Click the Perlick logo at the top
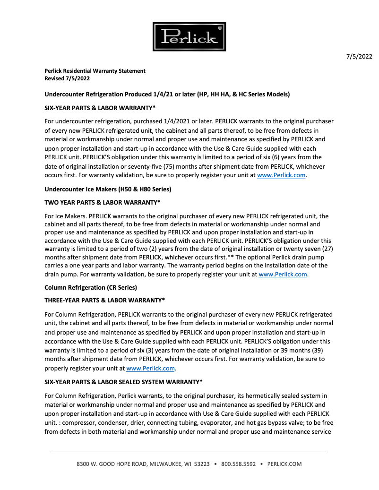tap(189, 37)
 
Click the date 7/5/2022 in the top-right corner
tap(359, 57)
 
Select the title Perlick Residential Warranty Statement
tap(95, 71)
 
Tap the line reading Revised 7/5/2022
tap(67, 78)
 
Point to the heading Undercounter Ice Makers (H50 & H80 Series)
tap(108, 189)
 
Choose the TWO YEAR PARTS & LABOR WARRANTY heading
tap(103, 202)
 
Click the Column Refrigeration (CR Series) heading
tap(91, 287)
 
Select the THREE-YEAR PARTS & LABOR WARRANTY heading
tap(104, 300)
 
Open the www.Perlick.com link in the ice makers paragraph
tap(283, 275)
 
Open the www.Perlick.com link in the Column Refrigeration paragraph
tap(151, 368)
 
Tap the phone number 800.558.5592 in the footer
tap(238, 464)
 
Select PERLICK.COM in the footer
tap(284, 464)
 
